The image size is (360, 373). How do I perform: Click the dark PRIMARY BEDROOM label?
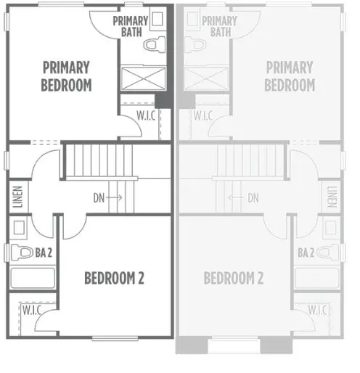(x=67, y=76)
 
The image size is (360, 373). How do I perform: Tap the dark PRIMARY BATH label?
(x=131, y=27)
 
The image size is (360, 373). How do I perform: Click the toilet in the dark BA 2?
(x=17, y=253)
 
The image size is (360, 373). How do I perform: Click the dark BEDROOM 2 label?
(x=113, y=277)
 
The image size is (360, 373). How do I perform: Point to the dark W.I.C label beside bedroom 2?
(x=31, y=310)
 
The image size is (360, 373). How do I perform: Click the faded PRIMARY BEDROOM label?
(x=290, y=76)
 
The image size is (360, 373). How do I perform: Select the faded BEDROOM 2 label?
(x=233, y=277)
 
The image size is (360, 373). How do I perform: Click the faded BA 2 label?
(x=306, y=253)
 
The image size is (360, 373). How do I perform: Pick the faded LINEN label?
(x=332, y=197)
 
